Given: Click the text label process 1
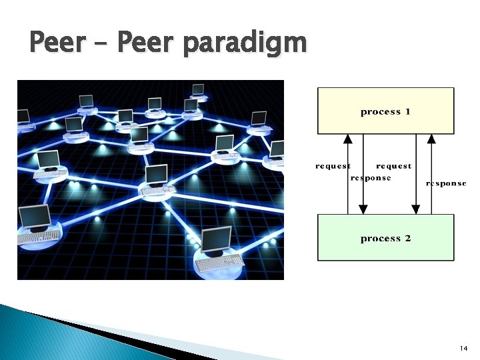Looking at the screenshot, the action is tap(385, 111).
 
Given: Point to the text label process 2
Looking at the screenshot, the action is tap(385, 238).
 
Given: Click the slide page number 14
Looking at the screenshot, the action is tap(464, 349).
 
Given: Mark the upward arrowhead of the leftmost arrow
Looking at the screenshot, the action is tap(347, 139).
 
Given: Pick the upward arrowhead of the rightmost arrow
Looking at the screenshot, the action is tap(431, 139).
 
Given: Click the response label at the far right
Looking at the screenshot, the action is tap(446, 183).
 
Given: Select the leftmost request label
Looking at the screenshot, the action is tap(333, 166).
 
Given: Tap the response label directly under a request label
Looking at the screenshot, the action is tap(371, 178).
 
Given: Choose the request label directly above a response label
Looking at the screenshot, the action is tap(393, 166).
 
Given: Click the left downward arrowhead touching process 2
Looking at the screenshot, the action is tap(363, 209).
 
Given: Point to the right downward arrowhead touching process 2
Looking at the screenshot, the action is tap(416, 209).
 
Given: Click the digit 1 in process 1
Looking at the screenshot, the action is tap(407, 111).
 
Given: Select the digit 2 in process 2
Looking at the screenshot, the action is tap(407, 238).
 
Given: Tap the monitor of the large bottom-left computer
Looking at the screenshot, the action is tap(35, 216).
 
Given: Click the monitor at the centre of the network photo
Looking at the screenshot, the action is tap(157, 175).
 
